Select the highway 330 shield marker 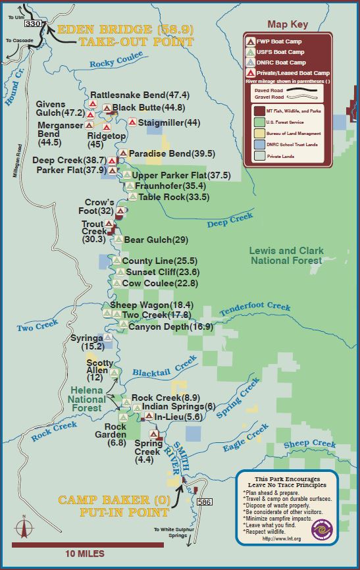pyautogui.click(x=33, y=24)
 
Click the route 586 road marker pyautogui.click(x=205, y=502)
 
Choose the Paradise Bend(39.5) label pyautogui.click(x=172, y=153)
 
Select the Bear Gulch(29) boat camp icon pyautogui.click(x=118, y=240)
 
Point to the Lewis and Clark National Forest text pyautogui.click(x=286, y=255)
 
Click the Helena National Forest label pyautogui.click(x=87, y=399)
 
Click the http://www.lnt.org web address pyautogui.click(x=287, y=538)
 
